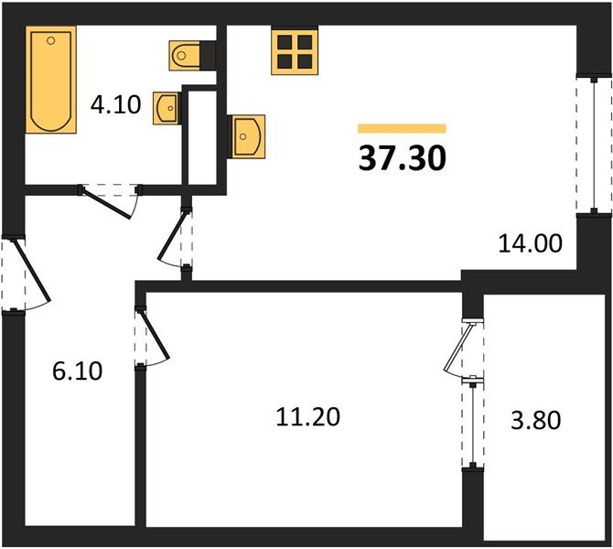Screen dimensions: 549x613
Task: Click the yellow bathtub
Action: (52, 81)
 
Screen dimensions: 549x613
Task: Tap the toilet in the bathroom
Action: (189, 54)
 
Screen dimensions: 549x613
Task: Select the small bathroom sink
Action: (167, 108)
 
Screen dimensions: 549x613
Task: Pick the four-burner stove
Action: (293, 50)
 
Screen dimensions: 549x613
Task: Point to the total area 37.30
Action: (403, 159)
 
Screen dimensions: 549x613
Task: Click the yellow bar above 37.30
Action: (402, 129)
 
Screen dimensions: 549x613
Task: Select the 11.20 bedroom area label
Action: (307, 417)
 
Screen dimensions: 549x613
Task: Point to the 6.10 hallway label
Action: (78, 371)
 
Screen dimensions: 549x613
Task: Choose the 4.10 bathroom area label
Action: (114, 106)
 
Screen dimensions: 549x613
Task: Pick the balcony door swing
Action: (458, 349)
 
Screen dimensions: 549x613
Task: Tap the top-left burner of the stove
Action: (284, 41)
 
